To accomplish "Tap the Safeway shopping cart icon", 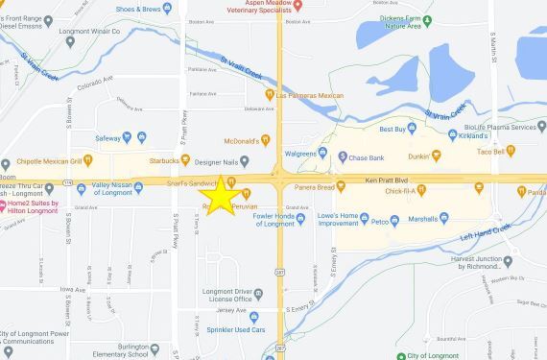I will (x=141, y=136).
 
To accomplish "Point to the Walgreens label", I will (x=317, y=153).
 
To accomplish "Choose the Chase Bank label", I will (x=367, y=157).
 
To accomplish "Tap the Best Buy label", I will (x=393, y=128).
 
